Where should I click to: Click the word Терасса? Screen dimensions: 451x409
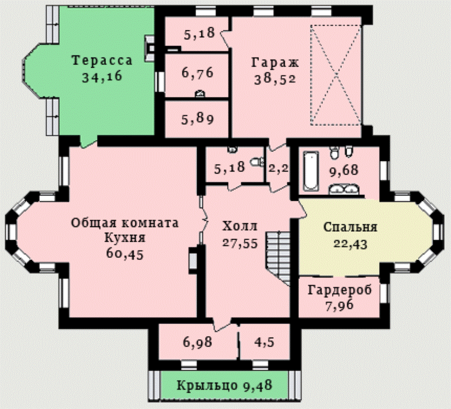102,61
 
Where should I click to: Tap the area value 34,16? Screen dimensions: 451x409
102,77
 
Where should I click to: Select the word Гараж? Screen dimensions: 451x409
275,62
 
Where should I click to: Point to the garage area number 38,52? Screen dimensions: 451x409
275,79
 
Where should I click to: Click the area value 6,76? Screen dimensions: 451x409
198,72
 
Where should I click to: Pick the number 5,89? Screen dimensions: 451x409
198,119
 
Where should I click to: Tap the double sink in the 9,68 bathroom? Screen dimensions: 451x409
344,189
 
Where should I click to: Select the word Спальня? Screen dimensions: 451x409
350,227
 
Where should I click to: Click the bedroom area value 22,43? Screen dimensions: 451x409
350,244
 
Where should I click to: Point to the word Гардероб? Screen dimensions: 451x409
340,290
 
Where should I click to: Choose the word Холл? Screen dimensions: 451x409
240,226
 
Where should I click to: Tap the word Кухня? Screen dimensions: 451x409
125,238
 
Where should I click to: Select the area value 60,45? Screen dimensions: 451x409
125,254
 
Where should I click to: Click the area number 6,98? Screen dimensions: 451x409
198,342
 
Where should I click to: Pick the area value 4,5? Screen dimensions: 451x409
264,342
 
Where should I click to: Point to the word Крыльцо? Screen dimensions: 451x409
207,386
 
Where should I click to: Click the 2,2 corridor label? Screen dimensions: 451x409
278,168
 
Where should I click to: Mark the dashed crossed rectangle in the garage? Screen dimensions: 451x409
336,75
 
